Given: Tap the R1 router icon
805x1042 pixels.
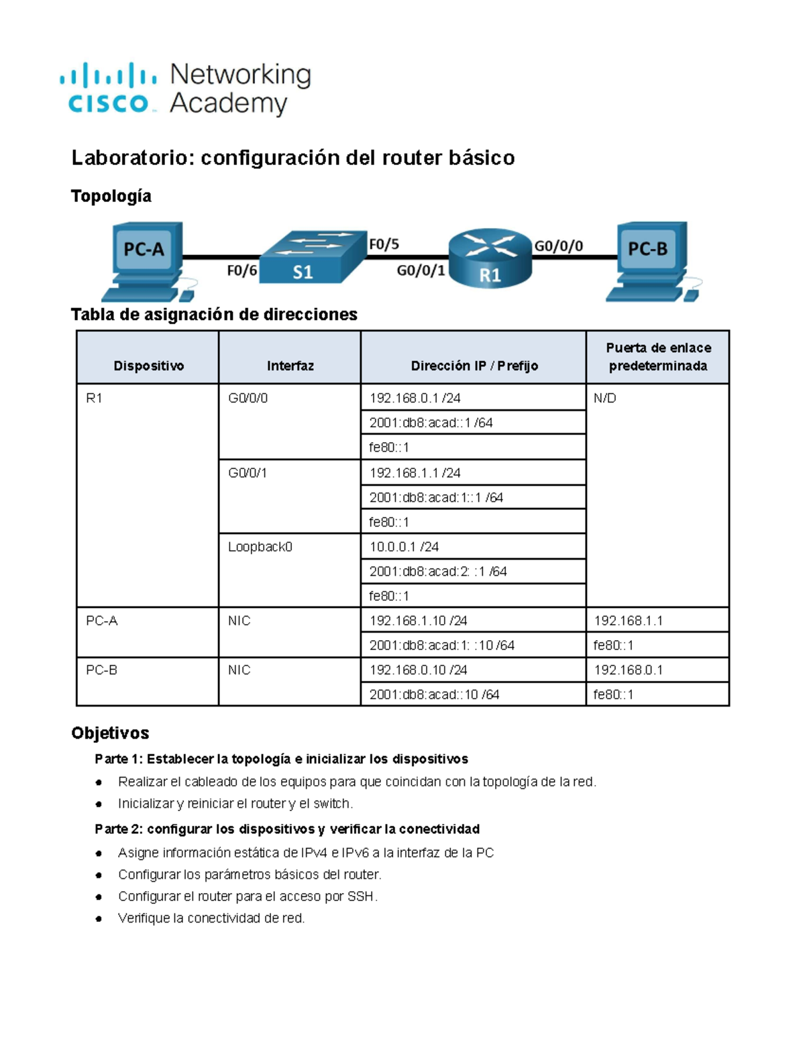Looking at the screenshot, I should [490, 258].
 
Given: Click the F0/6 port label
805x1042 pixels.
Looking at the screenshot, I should [241, 270].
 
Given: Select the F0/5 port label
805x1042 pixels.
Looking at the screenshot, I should [384, 244].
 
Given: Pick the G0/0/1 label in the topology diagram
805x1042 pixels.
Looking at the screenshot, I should [421, 270].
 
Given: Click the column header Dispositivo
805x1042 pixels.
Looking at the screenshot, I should [148, 366].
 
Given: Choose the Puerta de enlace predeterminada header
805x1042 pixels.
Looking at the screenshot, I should [657, 357].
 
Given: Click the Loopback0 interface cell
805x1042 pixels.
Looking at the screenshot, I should [260, 547].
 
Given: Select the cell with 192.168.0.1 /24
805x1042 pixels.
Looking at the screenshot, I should [415, 398].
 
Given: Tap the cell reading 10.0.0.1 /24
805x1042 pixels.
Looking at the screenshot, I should [404, 547].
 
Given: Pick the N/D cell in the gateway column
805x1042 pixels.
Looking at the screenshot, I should [605, 398].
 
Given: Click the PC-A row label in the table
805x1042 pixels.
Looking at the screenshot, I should [102, 621].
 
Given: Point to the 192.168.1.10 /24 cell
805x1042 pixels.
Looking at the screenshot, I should [418, 621].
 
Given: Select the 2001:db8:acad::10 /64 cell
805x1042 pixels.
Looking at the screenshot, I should [434, 694].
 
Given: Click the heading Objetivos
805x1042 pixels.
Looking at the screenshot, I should [110, 733].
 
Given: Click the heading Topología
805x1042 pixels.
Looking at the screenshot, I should [111, 196].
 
